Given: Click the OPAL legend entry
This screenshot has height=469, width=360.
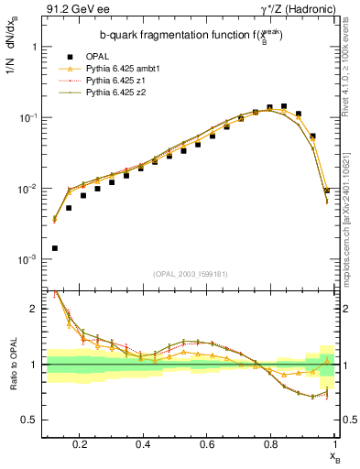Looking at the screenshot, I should pyautogui.click(x=98, y=57).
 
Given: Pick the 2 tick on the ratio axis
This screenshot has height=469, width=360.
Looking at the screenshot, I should pyautogui.click(x=34, y=309).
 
